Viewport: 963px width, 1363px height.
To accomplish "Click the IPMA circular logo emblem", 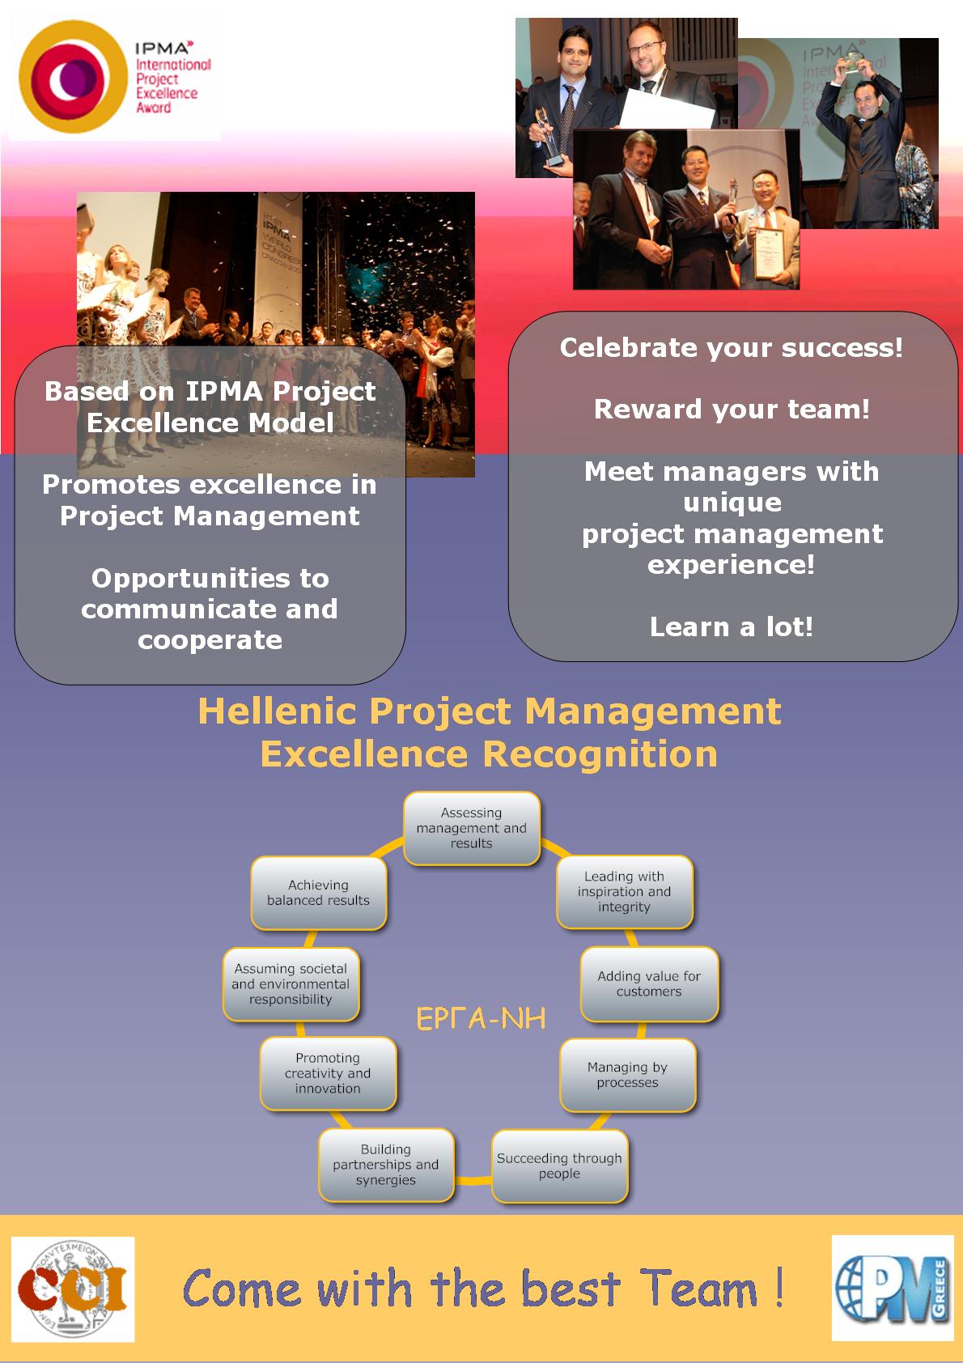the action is pyautogui.click(x=73, y=77).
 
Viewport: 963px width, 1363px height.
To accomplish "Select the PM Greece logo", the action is pyautogui.click(x=892, y=1289).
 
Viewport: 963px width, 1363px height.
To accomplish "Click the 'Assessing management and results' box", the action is pyautogui.click(x=472, y=828).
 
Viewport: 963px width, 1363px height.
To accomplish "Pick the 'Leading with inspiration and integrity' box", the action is pyautogui.click(x=624, y=891).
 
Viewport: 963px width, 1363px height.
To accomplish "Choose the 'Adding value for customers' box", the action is pyautogui.click(x=649, y=984).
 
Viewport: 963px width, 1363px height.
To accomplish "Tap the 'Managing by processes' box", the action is pyautogui.click(x=627, y=1075).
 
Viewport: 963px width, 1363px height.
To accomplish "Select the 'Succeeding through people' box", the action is pyautogui.click(x=559, y=1166).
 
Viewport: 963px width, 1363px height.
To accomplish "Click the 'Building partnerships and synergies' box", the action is pyautogui.click(x=386, y=1165).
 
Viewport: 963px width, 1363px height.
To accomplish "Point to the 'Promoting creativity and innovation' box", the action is pyautogui.click(x=328, y=1073).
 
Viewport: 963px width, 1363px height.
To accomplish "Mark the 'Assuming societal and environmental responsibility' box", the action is pyautogui.click(x=291, y=984).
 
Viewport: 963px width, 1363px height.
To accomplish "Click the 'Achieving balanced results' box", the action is pyautogui.click(x=318, y=893).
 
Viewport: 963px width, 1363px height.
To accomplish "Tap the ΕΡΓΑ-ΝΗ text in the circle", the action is pyautogui.click(x=481, y=1018).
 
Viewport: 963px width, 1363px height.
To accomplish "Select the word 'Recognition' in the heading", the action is pyautogui.click(x=600, y=754).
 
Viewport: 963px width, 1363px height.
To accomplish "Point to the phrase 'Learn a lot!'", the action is pyautogui.click(x=732, y=626).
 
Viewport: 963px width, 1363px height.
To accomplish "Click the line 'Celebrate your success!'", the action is pyautogui.click(x=732, y=348).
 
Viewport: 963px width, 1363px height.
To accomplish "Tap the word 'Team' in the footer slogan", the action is pyautogui.click(x=698, y=1288).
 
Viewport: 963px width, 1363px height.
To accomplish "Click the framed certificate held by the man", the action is pyautogui.click(x=767, y=253).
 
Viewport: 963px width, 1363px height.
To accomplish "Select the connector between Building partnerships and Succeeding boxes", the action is pyautogui.click(x=473, y=1180).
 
